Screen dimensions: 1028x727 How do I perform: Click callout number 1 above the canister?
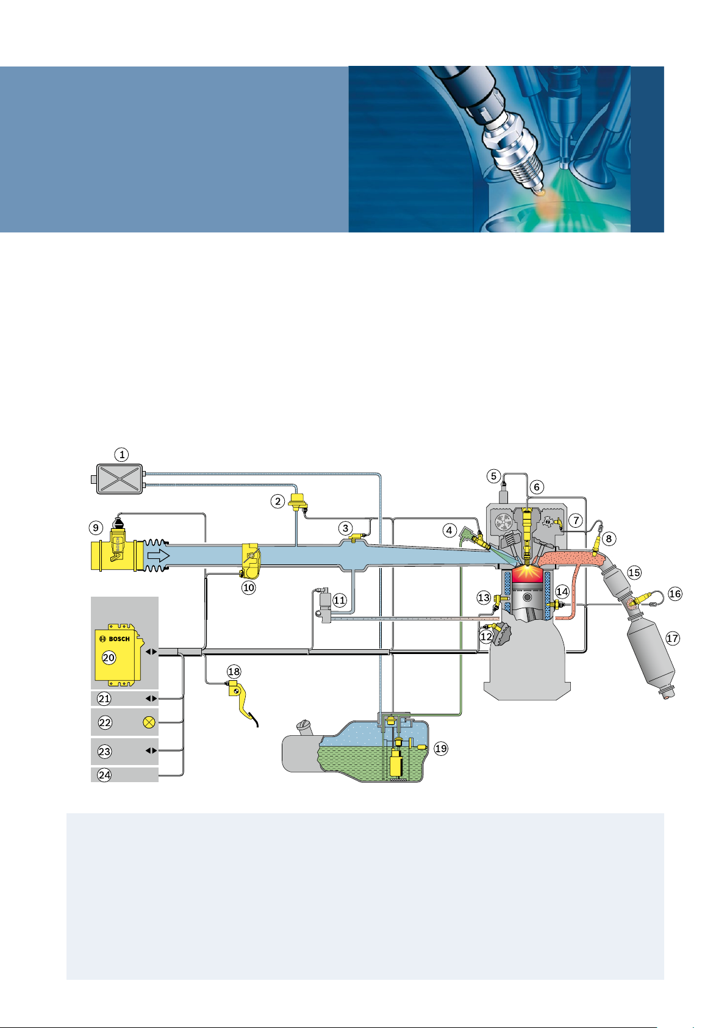click(x=122, y=455)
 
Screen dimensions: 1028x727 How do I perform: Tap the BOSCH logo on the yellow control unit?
click(x=115, y=639)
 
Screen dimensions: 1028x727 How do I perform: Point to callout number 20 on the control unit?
click(x=109, y=658)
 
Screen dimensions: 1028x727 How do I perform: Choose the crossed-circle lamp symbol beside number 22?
click(x=149, y=722)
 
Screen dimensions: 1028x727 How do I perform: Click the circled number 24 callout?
click(x=105, y=775)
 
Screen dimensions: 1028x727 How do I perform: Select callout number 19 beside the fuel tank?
click(x=440, y=748)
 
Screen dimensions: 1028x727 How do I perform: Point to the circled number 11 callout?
click(x=340, y=600)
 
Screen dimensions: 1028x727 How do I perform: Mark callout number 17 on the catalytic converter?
click(x=672, y=638)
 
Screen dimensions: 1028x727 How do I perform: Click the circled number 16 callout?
click(x=675, y=594)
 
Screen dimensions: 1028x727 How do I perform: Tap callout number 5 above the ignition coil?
click(x=494, y=476)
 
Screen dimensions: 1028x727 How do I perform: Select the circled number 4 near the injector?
click(x=449, y=530)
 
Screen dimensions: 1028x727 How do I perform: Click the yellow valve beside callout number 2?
click(x=298, y=503)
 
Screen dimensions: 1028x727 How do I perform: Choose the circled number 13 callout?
click(x=484, y=598)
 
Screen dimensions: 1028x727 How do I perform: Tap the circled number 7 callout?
click(x=576, y=521)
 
